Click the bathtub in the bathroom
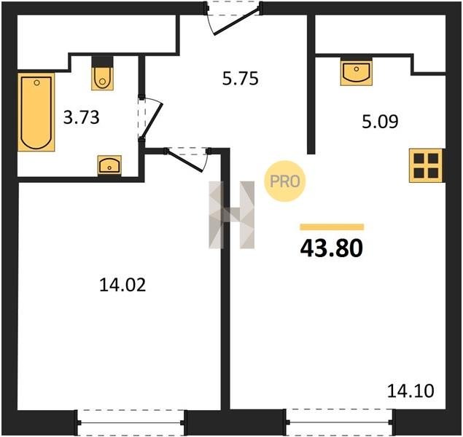[36, 112]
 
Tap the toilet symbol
[103, 73]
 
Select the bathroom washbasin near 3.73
[109, 165]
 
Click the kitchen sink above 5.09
[356, 71]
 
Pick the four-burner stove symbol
[426, 165]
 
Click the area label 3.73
[82, 117]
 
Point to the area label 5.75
[241, 79]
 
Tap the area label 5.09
[380, 122]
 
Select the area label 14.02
[122, 285]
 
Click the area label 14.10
[411, 391]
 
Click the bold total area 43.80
[331, 248]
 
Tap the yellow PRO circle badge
[284, 181]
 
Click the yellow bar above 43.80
[332, 227]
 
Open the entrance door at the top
[233, 17]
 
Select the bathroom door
[150, 118]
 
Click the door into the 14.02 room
[187, 160]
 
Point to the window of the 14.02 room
[131, 422]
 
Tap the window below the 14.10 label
[339, 422]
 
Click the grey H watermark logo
[232, 215]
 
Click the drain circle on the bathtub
[36, 83]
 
